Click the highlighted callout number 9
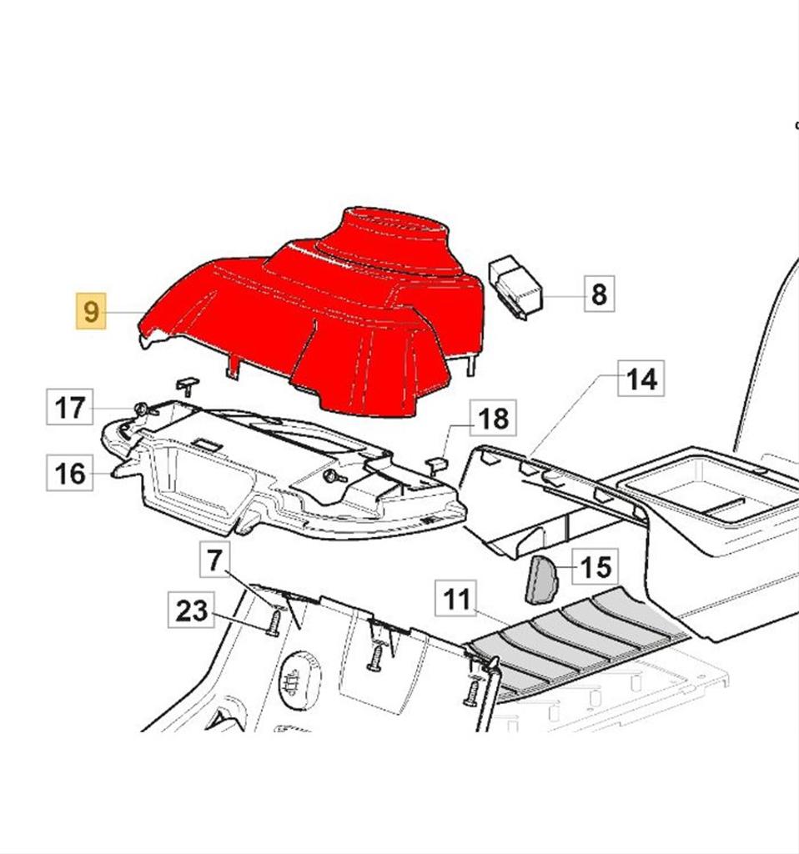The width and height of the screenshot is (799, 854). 91,311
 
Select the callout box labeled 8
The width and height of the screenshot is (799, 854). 599,294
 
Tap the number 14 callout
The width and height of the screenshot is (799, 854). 641,378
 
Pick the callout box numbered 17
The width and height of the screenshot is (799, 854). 70,407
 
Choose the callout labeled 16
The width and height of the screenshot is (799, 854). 70,473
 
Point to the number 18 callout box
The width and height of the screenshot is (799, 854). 493,418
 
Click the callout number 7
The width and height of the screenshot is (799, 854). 214,560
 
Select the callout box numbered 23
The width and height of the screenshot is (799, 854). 191,610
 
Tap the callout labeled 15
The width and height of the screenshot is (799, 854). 595,567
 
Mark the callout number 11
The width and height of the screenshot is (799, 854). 456,599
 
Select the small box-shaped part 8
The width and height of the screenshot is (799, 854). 515,287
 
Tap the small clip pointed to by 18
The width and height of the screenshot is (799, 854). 436,465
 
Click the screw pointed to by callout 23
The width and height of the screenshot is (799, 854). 274,622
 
